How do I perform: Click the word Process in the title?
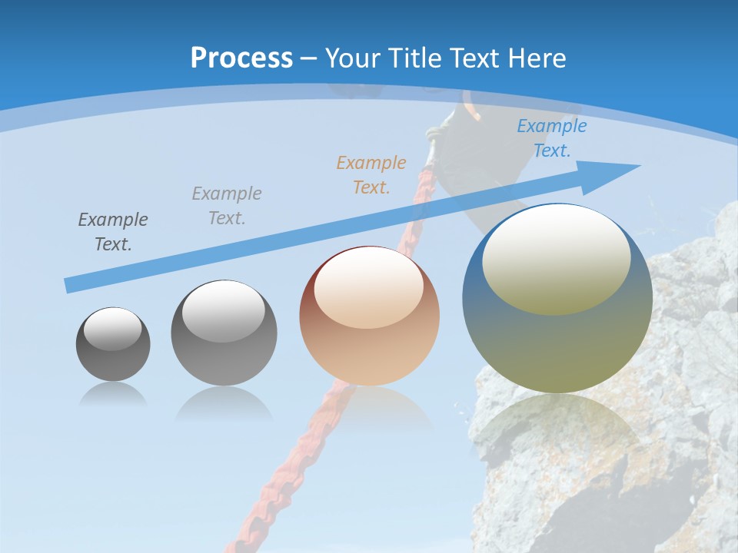click(x=241, y=58)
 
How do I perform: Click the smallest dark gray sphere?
click(x=113, y=344)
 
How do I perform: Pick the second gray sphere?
click(x=224, y=333)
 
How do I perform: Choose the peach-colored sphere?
click(x=369, y=316)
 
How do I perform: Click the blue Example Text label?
click(x=551, y=138)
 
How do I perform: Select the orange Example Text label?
click(x=371, y=174)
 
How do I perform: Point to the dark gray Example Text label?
click(x=113, y=231)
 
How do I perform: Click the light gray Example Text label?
click(x=227, y=205)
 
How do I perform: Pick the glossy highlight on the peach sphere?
click(x=368, y=288)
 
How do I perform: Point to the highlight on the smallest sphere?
click(x=112, y=329)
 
